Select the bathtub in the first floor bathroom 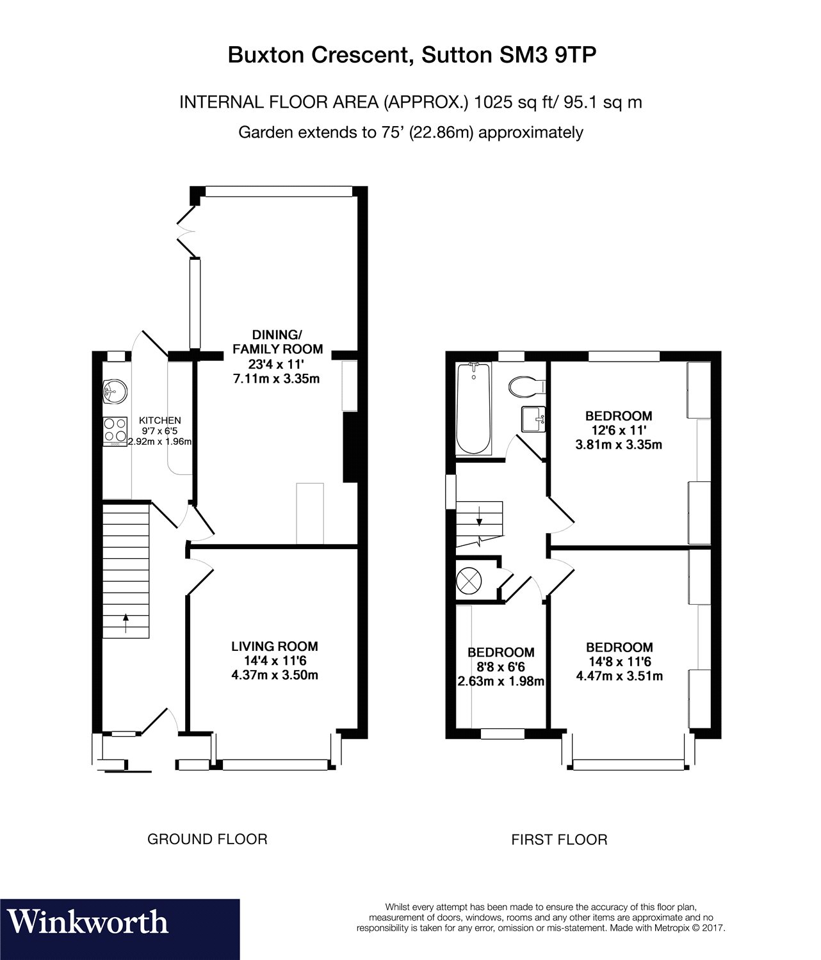473,409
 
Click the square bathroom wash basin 533,419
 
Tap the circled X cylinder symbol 469,580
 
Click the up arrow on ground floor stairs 126,623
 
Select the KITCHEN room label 160,420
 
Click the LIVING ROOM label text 275,646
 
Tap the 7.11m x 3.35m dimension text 276,378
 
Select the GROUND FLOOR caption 207,839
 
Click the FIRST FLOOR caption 560,839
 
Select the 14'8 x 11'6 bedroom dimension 619,661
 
